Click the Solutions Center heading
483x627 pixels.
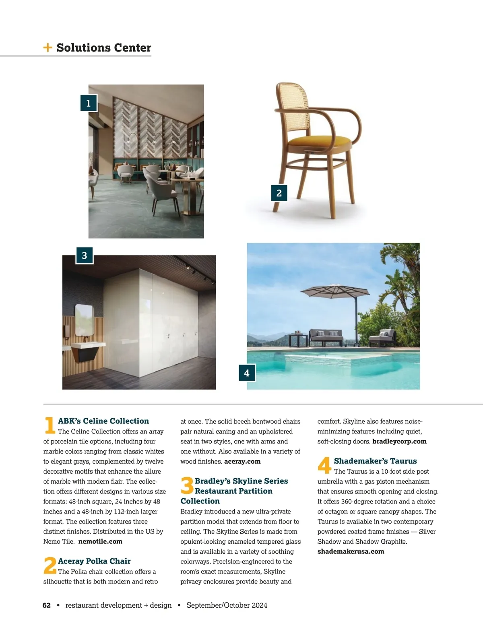(103, 47)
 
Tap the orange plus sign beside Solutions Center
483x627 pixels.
(47, 47)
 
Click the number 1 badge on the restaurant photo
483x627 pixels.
(89, 103)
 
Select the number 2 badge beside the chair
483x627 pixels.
(279, 193)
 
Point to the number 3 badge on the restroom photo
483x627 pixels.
(85, 256)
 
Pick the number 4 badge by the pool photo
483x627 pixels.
(247, 373)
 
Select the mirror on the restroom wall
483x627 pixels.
(84, 320)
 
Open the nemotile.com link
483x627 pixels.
(100, 541)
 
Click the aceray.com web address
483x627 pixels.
(242, 461)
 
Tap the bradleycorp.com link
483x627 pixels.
(399, 441)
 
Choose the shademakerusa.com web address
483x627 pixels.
(351, 551)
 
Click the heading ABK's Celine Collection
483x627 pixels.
(103, 421)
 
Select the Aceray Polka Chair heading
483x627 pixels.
(94, 561)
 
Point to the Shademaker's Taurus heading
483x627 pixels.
(375, 461)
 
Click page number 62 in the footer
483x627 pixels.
(47, 605)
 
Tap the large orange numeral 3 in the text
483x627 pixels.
(187, 485)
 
